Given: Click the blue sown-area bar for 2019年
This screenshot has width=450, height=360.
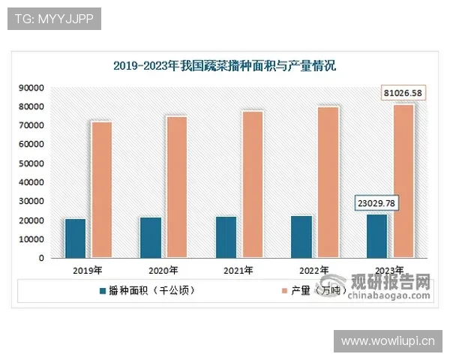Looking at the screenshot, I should click(x=75, y=238).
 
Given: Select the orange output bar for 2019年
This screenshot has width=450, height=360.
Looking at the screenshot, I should click(x=102, y=190).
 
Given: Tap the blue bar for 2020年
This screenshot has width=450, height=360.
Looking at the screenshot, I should click(x=150, y=238).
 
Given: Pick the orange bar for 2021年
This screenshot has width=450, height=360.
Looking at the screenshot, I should click(x=253, y=184).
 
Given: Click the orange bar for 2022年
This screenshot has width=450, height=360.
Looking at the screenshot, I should click(x=328, y=182).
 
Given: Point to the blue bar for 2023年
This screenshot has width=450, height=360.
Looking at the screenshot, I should click(x=376, y=236).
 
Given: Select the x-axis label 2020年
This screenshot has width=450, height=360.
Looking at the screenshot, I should click(x=163, y=270).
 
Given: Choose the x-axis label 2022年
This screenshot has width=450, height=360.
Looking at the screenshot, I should click(x=314, y=270).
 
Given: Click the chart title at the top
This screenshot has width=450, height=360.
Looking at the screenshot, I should click(x=225, y=66).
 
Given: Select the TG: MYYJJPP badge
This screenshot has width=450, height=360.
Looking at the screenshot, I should click(x=54, y=19).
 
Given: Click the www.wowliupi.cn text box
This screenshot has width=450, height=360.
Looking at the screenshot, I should click(x=388, y=341).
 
